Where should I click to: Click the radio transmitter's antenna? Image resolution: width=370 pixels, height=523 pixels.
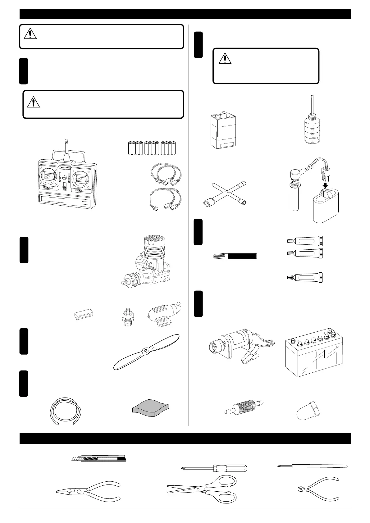pyautogui.click(x=66, y=149)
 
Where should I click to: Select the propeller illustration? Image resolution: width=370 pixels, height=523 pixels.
pyautogui.click(x=146, y=352)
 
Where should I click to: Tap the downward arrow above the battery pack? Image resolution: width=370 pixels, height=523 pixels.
pyautogui.click(x=325, y=185)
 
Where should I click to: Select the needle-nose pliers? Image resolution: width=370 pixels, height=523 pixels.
pyautogui.click(x=89, y=491)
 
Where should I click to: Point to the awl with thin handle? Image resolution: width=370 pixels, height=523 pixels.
pyautogui.click(x=312, y=466)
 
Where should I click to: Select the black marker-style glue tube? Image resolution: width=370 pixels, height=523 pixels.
pyautogui.click(x=235, y=256)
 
